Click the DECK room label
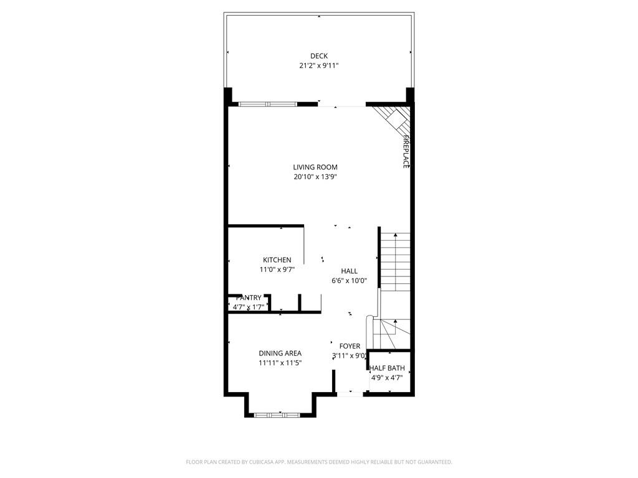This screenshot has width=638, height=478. pos(319,56)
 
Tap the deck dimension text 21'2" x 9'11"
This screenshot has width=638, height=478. pos(319,65)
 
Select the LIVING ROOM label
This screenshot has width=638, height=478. pos(315,167)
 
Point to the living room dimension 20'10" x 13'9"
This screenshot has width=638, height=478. pos(315,177)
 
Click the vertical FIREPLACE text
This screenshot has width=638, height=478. pos(406,151)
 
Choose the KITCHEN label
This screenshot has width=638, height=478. pos(277,260)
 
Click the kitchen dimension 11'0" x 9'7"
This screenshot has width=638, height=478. pos(277,270)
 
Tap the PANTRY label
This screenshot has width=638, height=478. pos(249,298)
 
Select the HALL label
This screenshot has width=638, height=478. pos(349,271)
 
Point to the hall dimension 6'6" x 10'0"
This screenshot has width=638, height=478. pos(349,281)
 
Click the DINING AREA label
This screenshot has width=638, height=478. pos(280,354)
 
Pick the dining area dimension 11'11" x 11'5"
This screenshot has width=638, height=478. pos(280,363)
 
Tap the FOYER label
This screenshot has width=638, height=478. pos(350,346)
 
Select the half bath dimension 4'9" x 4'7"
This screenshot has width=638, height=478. pos(387,377)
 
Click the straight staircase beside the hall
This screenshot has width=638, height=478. pos(396,261)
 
